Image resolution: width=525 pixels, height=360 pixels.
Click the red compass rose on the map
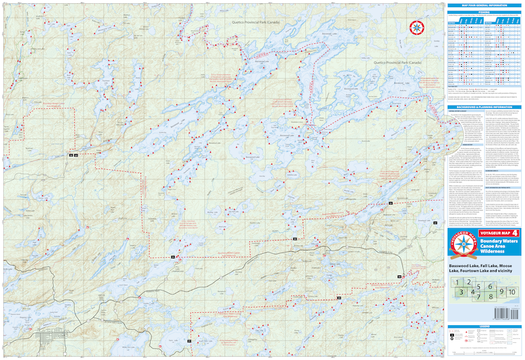(416, 28)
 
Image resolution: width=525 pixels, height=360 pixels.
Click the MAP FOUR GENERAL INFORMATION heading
(484, 5)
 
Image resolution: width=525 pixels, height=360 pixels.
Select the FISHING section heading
(484, 11)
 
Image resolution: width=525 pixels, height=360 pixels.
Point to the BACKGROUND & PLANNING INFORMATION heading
(484, 107)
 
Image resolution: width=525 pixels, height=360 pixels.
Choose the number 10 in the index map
(512, 291)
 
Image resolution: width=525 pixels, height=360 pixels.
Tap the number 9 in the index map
(501, 291)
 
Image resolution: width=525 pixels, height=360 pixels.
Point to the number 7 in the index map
(480, 296)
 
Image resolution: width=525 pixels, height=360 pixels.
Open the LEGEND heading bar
(484, 326)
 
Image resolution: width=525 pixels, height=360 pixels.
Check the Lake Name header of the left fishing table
(451, 22)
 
